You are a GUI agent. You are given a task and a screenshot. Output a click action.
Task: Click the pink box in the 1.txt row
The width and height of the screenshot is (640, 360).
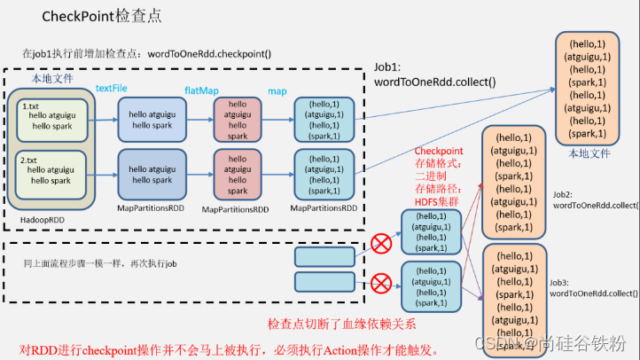[x=238, y=121]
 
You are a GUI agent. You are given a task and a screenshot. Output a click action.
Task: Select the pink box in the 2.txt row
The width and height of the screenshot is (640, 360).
[x=238, y=173]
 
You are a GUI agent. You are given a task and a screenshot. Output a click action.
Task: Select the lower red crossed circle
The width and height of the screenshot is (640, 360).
[x=382, y=284]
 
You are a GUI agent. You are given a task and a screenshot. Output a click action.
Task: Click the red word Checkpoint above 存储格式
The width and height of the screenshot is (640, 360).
[x=440, y=151]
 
